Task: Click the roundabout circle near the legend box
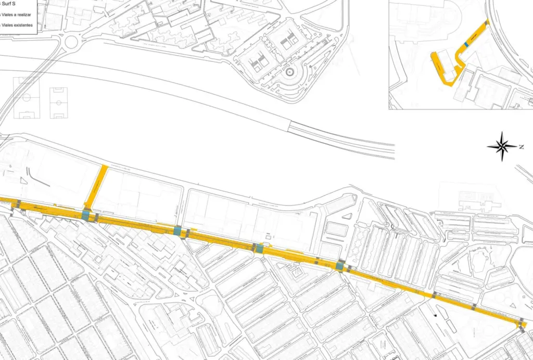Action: click(x=70, y=40)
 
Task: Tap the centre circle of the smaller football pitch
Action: click(x=59, y=103)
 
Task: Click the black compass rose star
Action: click(x=502, y=146)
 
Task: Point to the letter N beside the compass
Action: click(x=522, y=147)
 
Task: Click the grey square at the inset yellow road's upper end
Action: click(x=487, y=22)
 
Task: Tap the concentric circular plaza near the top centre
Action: click(x=290, y=71)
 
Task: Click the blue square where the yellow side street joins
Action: click(x=86, y=215)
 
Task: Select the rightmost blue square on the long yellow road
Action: click(x=340, y=266)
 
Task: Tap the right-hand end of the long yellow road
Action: click(x=524, y=325)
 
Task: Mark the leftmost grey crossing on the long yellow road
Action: click(x=18, y=203)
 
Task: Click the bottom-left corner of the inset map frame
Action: click(x=389, y=108)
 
